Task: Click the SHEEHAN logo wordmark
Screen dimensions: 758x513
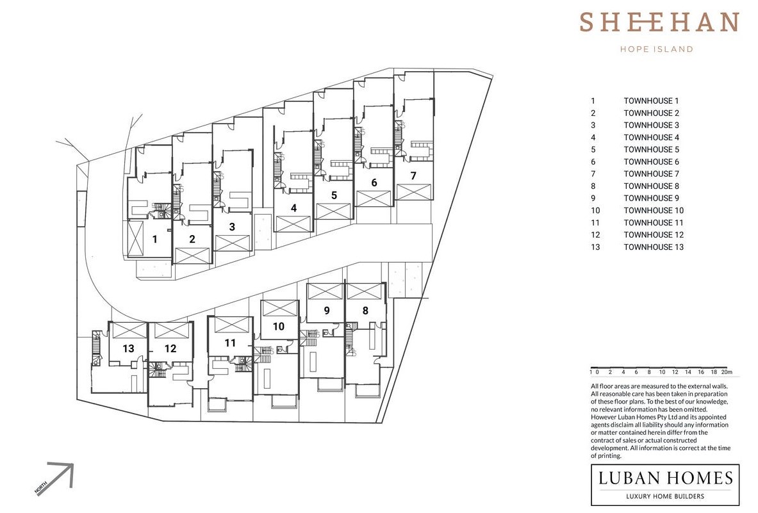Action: pos(659,22)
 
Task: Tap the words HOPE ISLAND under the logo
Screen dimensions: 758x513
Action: pos(657,49)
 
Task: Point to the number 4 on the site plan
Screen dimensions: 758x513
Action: pos(293,208)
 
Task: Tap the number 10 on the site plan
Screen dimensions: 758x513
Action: pos(279,327)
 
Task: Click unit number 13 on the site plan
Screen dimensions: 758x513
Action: pos(128,349)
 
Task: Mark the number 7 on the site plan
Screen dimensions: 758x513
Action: pos(413,176)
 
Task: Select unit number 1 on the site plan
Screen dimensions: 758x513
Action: pos(154,239)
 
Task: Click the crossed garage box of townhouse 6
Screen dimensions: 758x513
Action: pos(374,199)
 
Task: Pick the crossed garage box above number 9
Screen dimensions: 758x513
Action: pos(325,291)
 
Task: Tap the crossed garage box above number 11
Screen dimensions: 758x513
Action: pos(232,325)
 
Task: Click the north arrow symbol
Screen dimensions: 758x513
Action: pos(61,475)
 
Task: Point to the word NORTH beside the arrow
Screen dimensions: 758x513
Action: pos(41,488)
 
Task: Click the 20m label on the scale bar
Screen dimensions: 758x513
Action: pos(727,372)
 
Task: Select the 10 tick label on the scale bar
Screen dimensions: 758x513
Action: pos(663,372)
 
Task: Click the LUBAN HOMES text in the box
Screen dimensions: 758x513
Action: pos(666,478)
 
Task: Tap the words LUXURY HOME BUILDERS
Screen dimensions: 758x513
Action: pos(665,496)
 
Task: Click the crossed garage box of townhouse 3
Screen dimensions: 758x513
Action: pos(232,243)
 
